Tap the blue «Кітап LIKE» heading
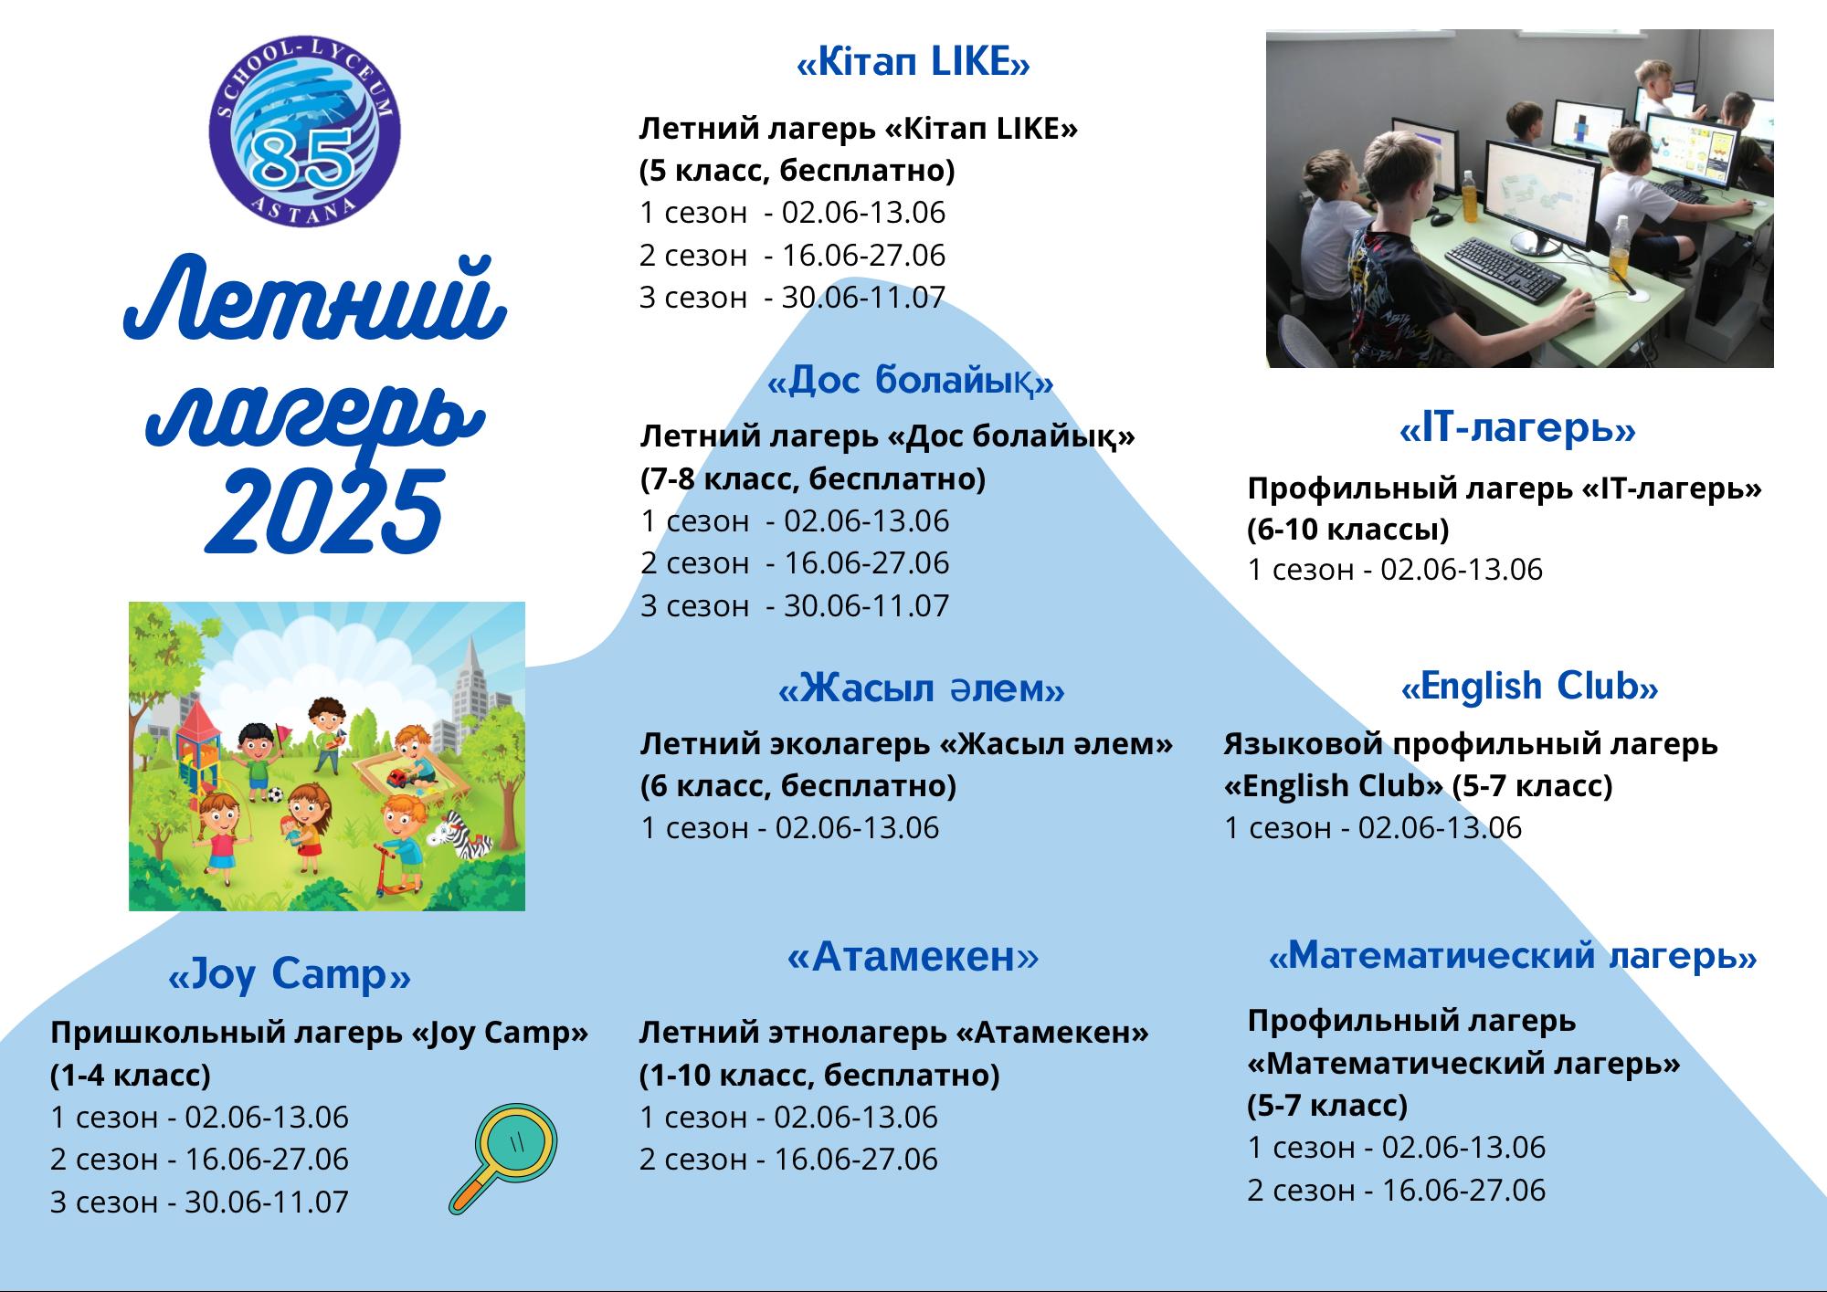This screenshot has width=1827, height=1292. (913, 63)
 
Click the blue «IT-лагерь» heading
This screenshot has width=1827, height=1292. (1517, 428)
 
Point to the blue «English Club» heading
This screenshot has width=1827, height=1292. (1529, 687)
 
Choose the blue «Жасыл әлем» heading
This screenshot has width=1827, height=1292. (921, 688)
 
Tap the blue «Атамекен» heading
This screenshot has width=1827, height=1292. (913, 956)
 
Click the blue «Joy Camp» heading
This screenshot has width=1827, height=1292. (290, 974)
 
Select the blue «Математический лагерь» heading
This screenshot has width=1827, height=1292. (1513, 956)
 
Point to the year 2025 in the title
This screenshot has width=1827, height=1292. (324, 512)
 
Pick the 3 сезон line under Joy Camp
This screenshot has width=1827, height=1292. (199, 1201)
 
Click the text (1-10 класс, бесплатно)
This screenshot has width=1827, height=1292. (819, 1075)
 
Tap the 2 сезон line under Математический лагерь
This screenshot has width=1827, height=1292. (1397, 1189)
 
